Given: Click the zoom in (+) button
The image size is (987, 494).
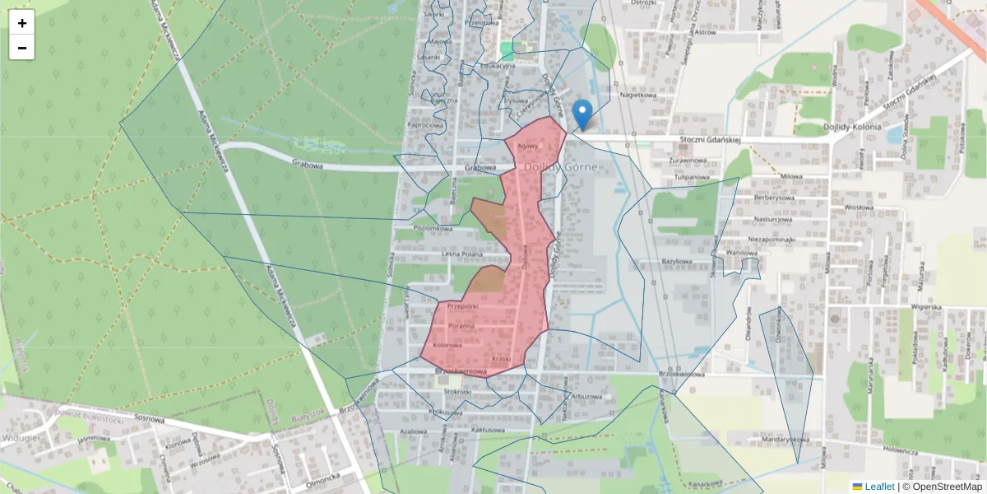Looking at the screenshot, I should pyautogui.click(x=22, y=23).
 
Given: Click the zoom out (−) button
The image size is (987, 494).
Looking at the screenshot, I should pyautogui.click(x=22, y=48).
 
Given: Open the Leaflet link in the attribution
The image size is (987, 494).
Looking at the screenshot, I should pyautogui.click(x=878, y=487).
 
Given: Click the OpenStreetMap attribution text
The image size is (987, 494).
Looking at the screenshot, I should pyautogui.click(x=942, y=487).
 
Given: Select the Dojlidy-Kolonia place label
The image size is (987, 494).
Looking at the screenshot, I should pyautogui.click(x=850, y=128).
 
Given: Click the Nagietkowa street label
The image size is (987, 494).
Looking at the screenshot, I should pyautogui.click(x=638, y=95).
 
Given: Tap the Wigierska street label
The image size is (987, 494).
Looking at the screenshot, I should pyautogui.click(x=925, y=306).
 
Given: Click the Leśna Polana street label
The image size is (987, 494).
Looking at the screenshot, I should pyautogui.click(x=461, y=254).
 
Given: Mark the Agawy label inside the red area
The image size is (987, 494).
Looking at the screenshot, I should pyautogui.click(x=526, y=147).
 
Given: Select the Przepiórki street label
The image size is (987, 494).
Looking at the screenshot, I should pyautogui.click(x=462, y=306).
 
